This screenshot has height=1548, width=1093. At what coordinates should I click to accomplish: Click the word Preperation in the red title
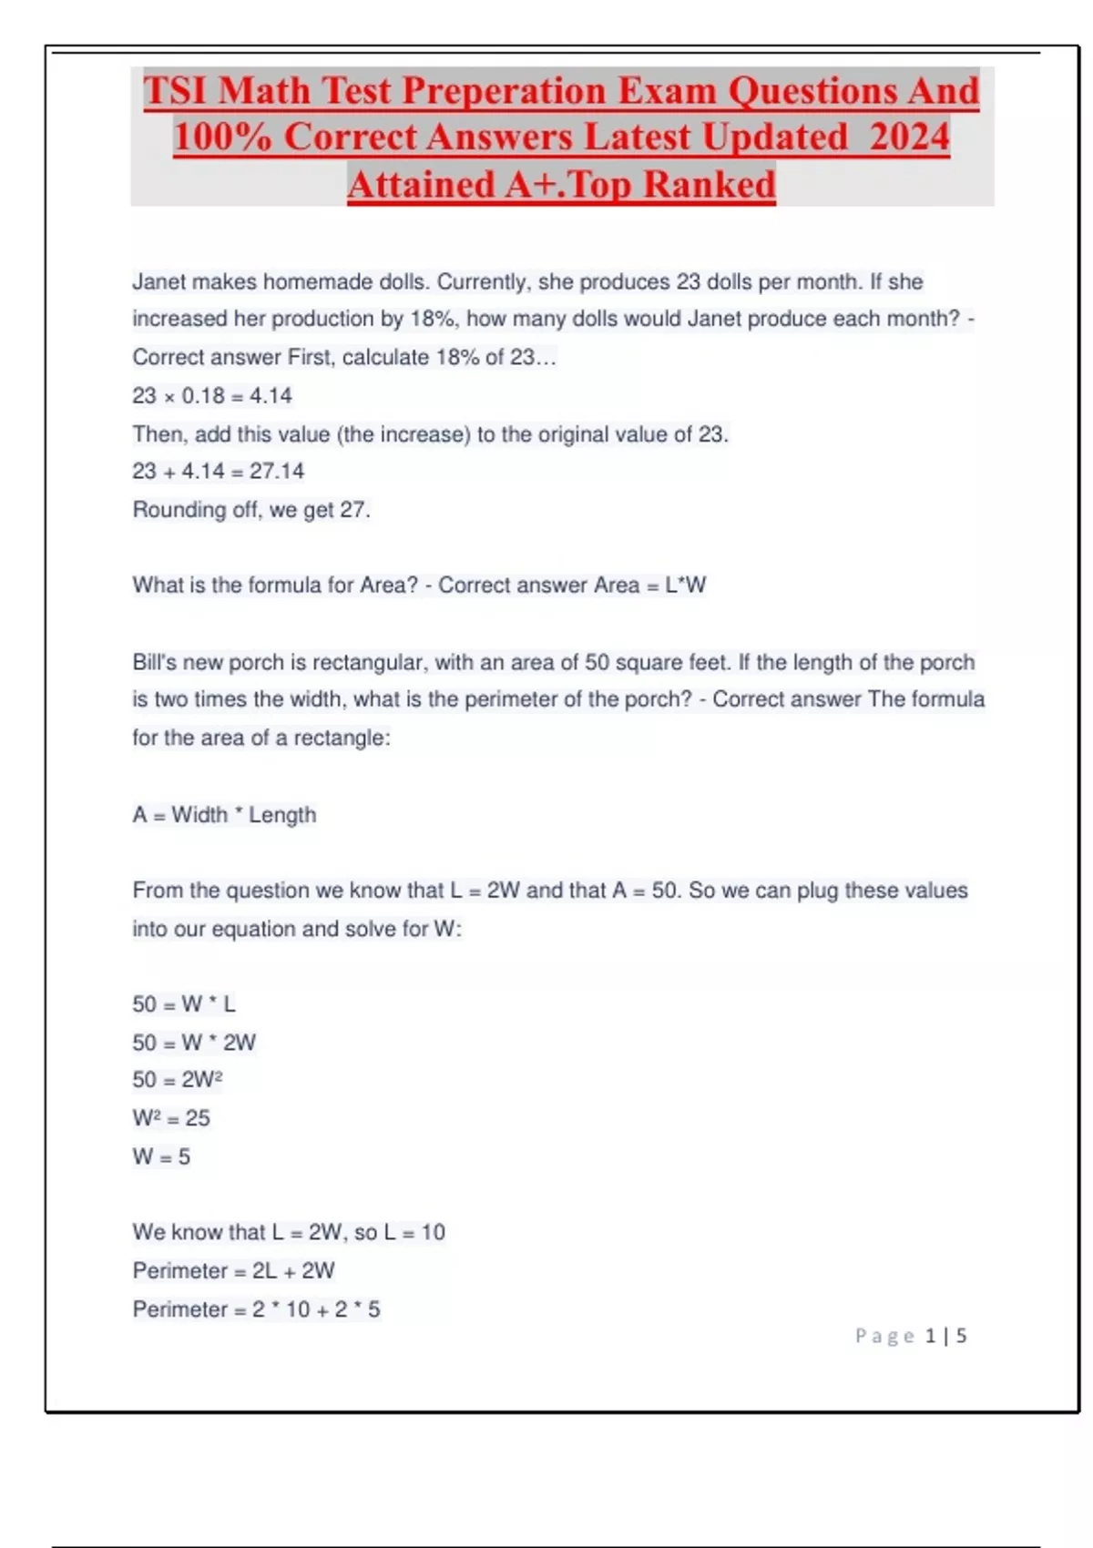click(504, 91)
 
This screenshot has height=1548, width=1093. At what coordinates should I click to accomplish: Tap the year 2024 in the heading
click(909, 137)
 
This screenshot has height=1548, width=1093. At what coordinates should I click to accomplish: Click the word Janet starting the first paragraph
click(159, 282)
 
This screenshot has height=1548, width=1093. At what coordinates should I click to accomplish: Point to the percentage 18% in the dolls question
click(434, 320)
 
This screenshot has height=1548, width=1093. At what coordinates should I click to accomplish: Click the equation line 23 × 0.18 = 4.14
click(212, 396)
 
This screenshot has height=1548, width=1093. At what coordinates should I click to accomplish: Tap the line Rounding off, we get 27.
click(251, 510)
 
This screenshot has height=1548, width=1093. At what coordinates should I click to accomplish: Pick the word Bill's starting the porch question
click(154, 662)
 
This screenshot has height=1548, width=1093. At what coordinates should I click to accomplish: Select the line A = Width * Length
click(224, 815)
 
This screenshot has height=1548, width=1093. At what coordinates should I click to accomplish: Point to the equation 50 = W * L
click(184, 1004)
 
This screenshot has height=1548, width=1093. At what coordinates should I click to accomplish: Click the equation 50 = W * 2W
click(194, 1043)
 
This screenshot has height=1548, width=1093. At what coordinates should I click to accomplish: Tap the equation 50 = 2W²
click(178, 1080)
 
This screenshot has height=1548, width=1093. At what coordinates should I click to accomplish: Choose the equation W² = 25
click(171, 1118)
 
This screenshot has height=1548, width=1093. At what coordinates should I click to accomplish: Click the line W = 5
click(161, 1157)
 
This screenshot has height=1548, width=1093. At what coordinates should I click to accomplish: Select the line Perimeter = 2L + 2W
click(233, 1271)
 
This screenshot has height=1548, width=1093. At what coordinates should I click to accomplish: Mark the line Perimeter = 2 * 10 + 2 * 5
click(256, 1309)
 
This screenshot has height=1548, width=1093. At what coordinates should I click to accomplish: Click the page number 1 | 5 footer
click(945, 1336)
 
